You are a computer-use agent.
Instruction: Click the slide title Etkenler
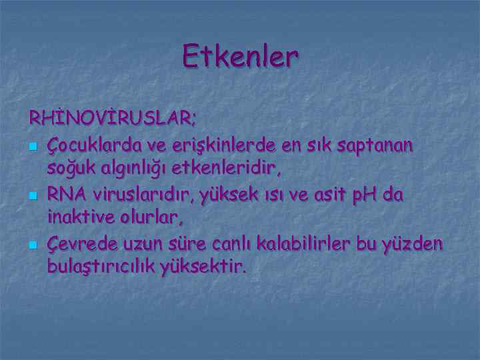(x=240, y=57)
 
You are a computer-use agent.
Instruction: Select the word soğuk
(x=69, y=169)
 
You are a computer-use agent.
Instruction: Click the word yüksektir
(x=210, y=268)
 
